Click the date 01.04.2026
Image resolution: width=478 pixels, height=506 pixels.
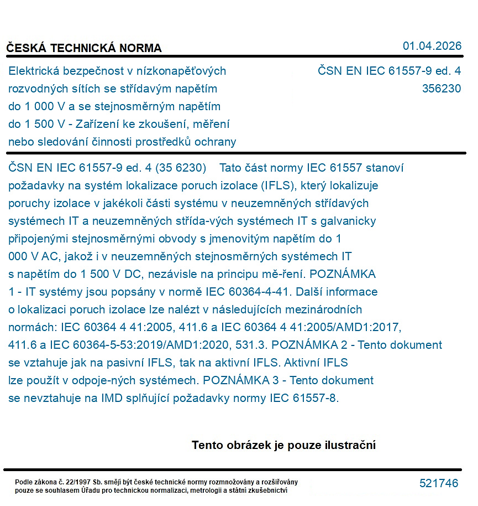432,46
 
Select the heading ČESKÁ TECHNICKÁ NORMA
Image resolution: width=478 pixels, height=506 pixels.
84,48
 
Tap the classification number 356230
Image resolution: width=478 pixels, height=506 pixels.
441,89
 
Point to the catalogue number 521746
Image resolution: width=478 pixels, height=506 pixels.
439,483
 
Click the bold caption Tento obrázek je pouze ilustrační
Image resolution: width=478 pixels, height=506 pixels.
283,445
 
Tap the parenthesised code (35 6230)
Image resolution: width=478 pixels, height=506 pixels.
181,168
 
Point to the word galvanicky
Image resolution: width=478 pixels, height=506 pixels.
348,221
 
